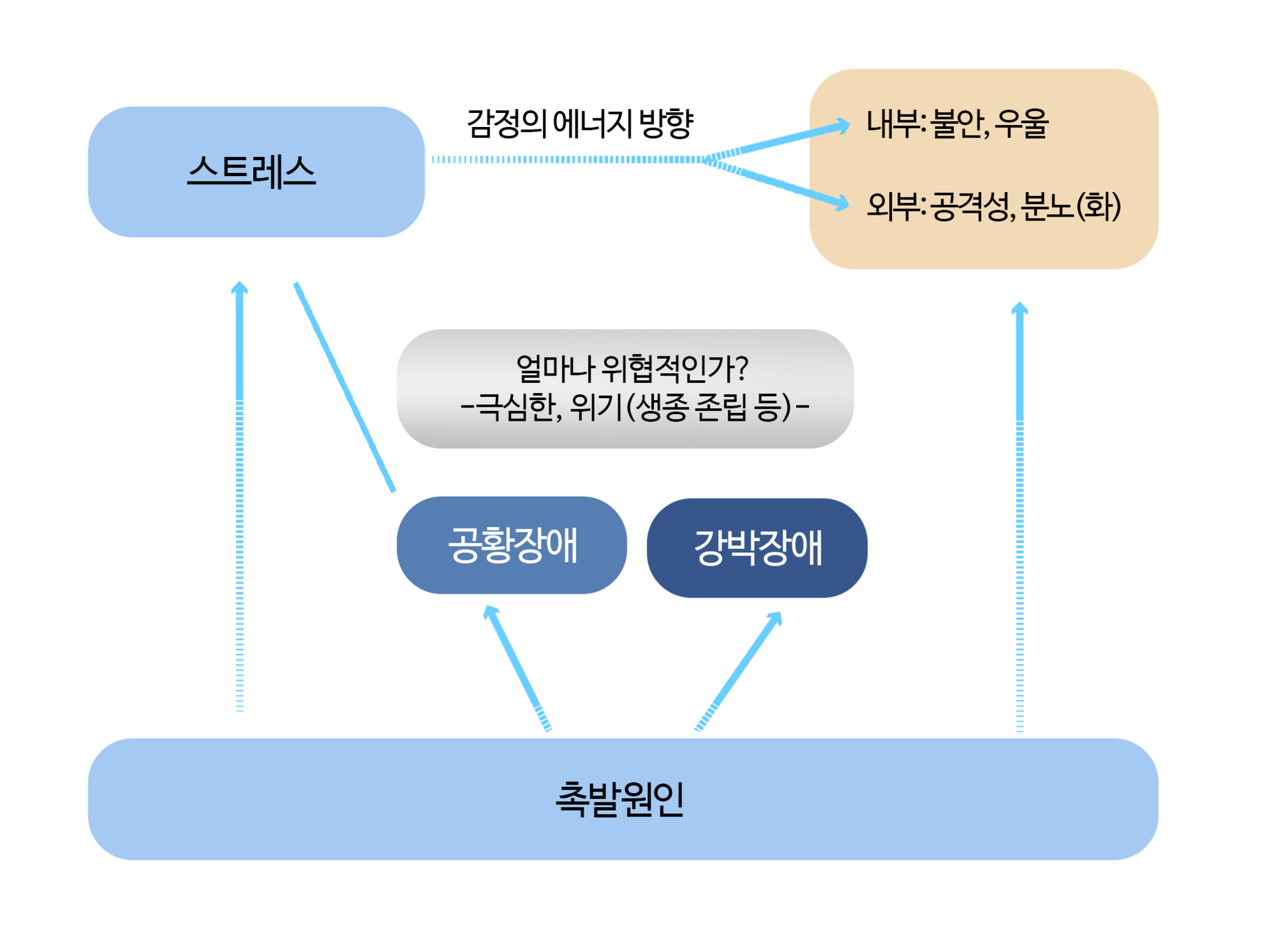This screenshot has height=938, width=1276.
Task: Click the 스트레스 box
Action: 256,172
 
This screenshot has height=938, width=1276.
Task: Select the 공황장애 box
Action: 512,544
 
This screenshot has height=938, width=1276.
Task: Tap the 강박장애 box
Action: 757,548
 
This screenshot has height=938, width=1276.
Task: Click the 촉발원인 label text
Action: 619,798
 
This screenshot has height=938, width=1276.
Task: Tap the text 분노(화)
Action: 1071,206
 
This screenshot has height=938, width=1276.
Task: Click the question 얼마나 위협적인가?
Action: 631,368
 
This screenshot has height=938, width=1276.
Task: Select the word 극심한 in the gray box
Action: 515,407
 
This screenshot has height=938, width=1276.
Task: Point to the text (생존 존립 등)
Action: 709,407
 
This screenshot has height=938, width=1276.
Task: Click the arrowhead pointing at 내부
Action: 842,126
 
